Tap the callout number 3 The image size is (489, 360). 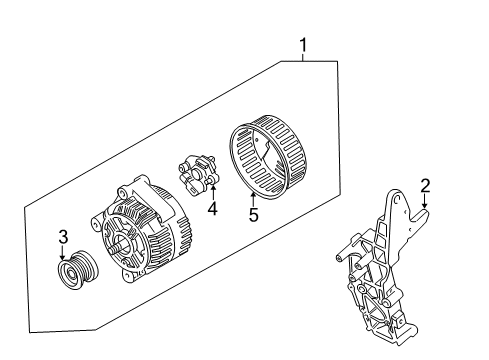pos(62,237)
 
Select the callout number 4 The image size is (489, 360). pos(212,209)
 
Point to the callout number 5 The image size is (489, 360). pos(254,213)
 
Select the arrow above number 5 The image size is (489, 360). pos(254,198)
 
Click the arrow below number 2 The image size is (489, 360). pos(423,202)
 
